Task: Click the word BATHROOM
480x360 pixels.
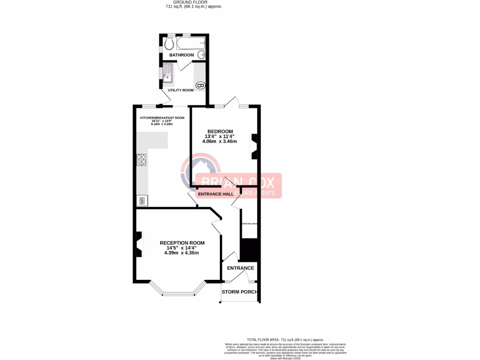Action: (x=181, y=55)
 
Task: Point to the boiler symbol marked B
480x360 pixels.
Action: (x=200, y=85)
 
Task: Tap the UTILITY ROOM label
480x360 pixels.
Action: (x=180, y=90)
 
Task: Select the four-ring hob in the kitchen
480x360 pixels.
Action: (x=141, y=160)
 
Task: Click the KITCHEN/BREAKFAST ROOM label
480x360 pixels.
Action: (x=162, y=118)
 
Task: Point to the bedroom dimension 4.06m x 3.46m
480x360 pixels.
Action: (x=219, y=141)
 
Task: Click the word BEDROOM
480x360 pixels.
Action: (x=220, y=131)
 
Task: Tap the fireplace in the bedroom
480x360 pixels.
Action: (x=254, y=145)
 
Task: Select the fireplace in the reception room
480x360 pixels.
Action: (x=139, y=244)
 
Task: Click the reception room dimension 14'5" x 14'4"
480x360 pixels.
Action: (x=182, y=248)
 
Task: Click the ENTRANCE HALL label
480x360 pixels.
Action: (x=216, y=194)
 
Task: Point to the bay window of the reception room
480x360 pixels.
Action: (x=178, y=292)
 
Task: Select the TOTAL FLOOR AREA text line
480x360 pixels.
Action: (x=285, y=339)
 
